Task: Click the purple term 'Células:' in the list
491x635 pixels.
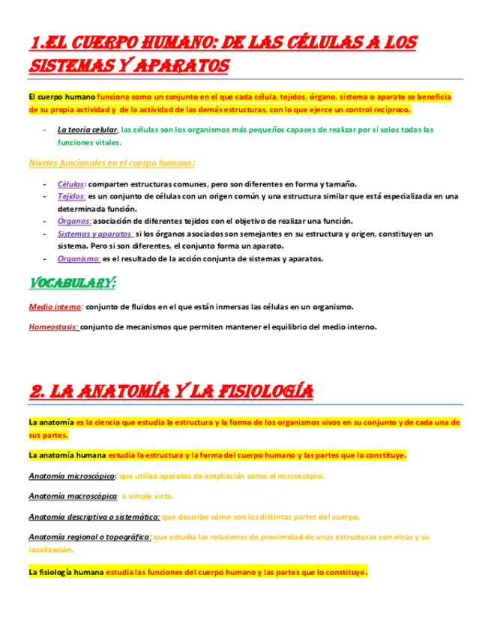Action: [x=71, y=184]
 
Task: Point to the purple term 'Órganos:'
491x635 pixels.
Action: [x=74, y=220]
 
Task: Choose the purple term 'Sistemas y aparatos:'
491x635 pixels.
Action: [x=95, y=234]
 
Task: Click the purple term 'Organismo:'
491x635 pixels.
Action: [x=79, y=258]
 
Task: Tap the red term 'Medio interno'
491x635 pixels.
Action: [x=55, y=307]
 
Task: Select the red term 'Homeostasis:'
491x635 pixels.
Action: [x=53, y=326]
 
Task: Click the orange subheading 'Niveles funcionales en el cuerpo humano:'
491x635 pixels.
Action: [x=112, y=162]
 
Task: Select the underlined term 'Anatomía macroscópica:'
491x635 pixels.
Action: [x=73, y=496]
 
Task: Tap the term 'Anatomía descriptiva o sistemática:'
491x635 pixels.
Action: [x=94, y=517]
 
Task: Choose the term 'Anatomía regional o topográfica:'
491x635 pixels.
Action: [x=90, y=536]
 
